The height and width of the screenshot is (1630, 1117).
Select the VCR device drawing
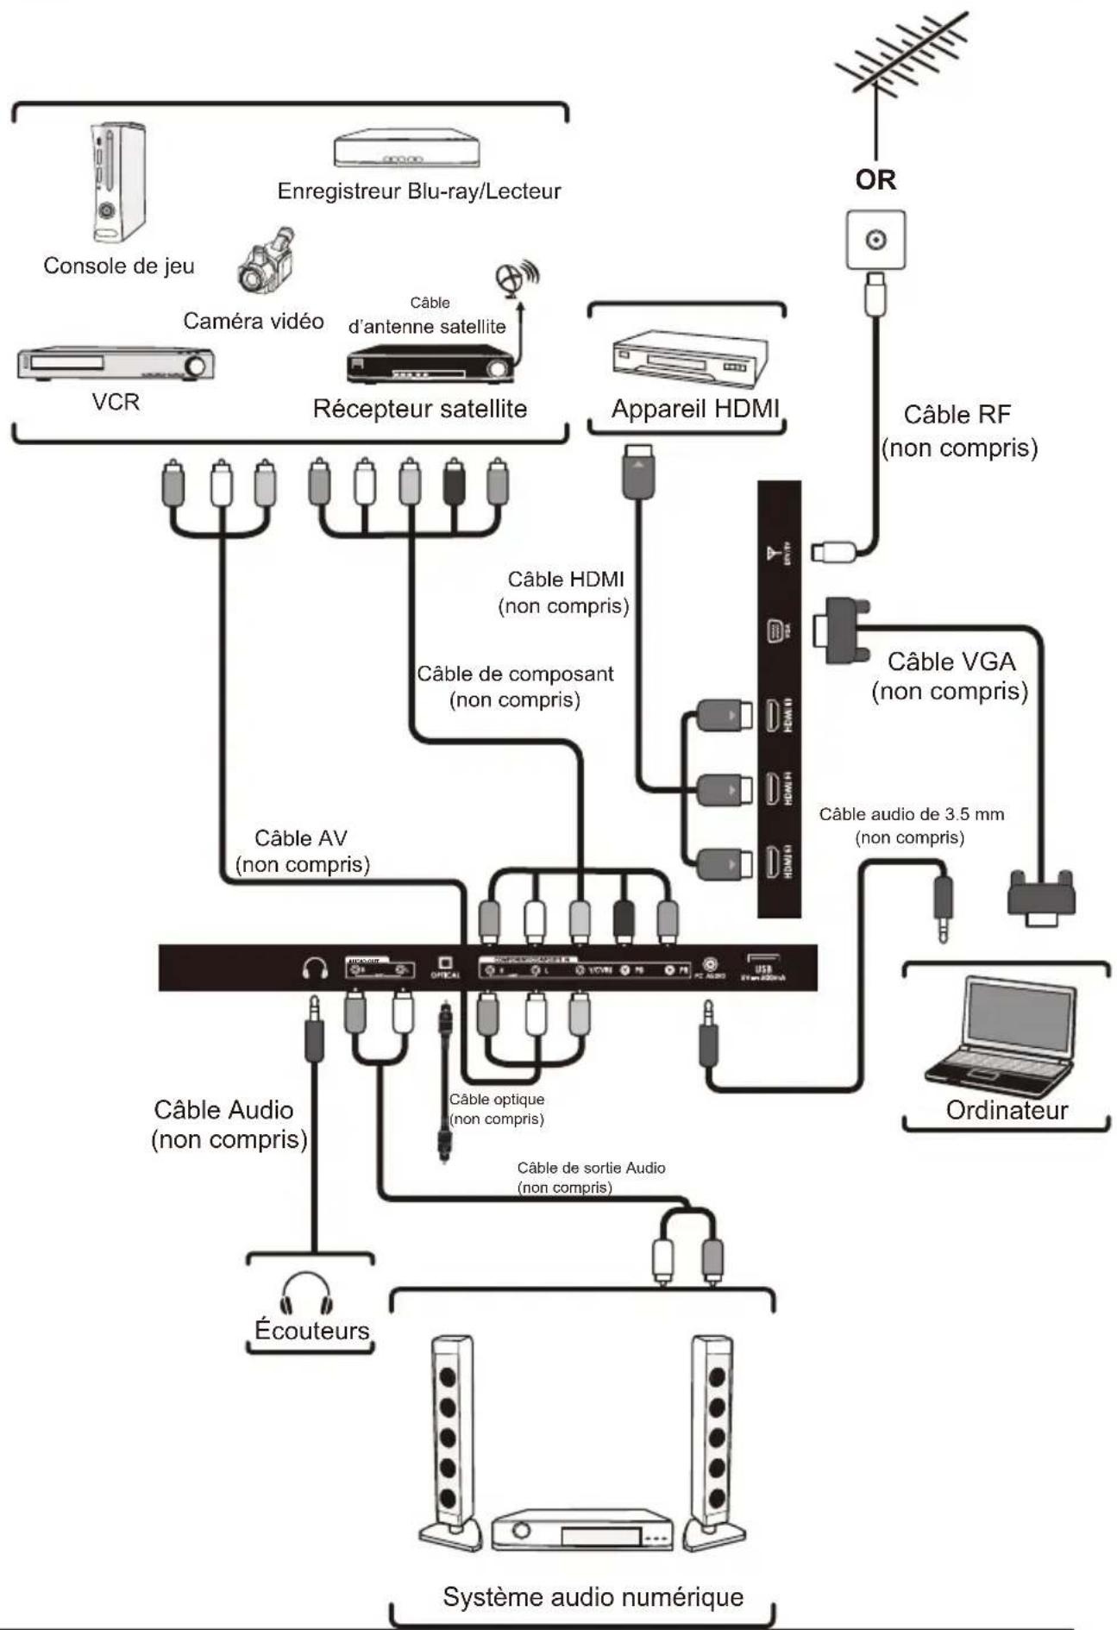(116, 363)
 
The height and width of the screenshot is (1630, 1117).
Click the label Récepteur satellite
(419, 409)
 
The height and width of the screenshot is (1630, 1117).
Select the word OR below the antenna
(875, 179)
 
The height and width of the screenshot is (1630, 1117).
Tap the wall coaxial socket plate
(875, 240)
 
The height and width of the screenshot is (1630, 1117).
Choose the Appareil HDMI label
(694, 409)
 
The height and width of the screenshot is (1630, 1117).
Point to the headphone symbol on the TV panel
(315, 969)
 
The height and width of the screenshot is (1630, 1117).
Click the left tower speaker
(450, 1440)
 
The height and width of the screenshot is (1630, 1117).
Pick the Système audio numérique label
(593, 1596)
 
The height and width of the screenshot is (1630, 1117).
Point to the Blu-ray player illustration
(406, 149)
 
